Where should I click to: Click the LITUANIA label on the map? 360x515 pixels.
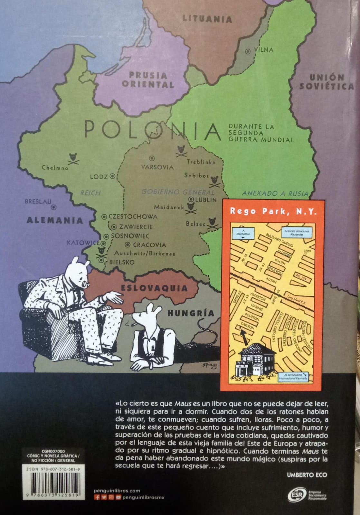(x=207, y=19)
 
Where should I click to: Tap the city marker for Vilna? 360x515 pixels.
(x=248, y=51)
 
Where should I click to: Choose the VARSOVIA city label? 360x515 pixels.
(x=157, y=167)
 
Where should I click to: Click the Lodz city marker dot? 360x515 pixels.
(x=112, y=176)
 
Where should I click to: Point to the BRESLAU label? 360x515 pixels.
(x=38, y=202)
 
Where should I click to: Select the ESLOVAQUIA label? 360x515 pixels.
(x=154, y=288)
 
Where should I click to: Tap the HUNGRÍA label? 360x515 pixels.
(x=191, y=313)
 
